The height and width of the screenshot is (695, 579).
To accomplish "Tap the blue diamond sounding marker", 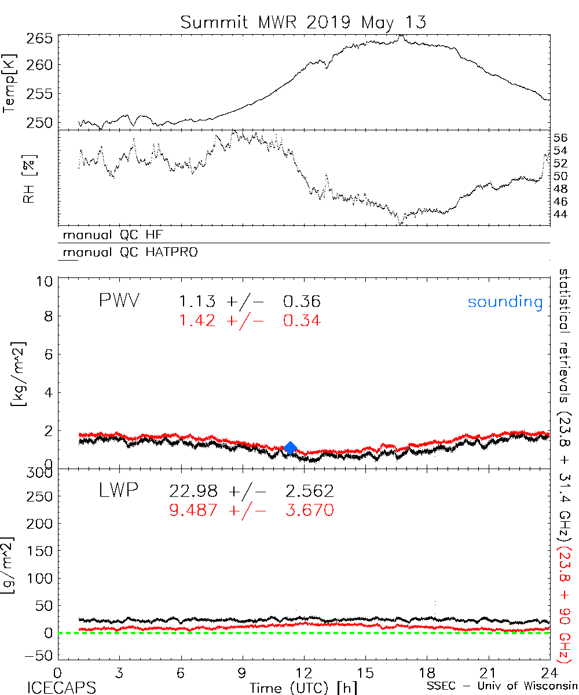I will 291,448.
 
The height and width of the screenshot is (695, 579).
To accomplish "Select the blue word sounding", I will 505,302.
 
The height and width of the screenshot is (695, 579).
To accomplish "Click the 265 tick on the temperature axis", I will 39,40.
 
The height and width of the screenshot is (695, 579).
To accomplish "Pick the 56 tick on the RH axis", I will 560,138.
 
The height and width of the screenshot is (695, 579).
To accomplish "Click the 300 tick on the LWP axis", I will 39,472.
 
